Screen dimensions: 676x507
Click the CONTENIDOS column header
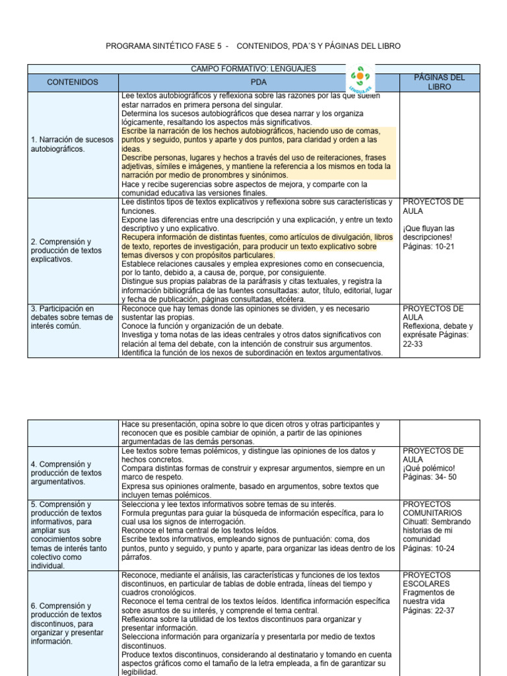pos(73,83)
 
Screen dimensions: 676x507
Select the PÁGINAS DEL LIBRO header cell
pos(439,82)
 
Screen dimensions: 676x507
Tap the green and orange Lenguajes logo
pos(360,78)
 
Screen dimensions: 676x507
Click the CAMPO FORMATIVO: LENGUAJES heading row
pos(253,69)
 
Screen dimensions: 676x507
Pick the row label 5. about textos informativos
pos(70,535)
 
